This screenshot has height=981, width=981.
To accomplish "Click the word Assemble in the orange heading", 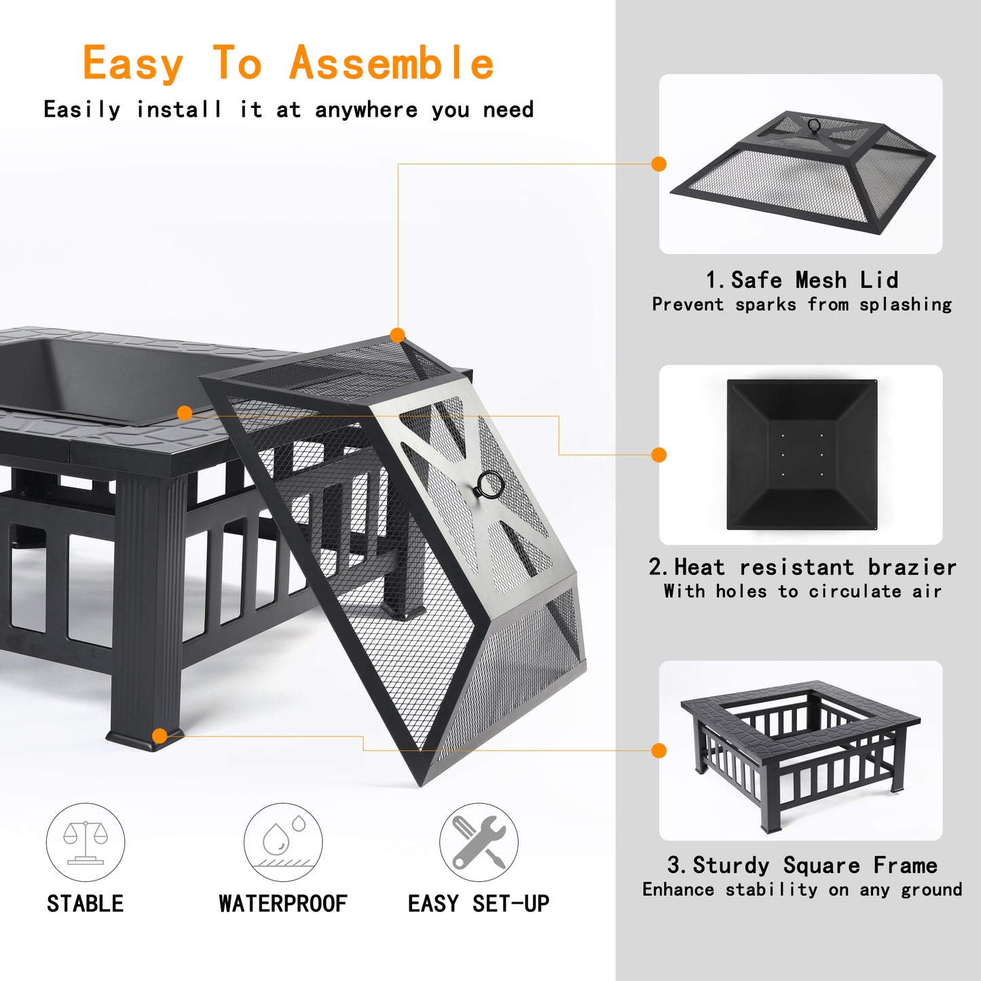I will [392, 63].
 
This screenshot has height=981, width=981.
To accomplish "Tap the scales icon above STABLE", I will [86, 842].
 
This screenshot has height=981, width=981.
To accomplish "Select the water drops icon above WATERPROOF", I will [283, 842].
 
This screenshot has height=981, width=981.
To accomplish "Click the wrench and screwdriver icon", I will [479, 842].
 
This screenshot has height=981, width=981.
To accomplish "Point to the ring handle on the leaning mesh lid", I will [489, 485].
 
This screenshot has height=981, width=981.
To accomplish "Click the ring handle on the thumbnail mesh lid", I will [814, 125].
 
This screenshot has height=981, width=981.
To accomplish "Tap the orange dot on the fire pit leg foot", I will [160, 736].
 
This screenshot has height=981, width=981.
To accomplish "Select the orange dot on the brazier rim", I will [185, 413].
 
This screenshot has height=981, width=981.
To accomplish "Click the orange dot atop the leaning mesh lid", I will [398, 335].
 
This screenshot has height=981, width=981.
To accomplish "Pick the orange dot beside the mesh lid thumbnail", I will [659, 164].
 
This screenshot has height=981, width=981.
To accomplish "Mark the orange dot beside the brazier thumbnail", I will [659, 455].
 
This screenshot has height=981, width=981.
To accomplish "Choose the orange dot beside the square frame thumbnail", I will [659, 750].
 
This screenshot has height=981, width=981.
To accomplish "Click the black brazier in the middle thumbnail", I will [802, 455].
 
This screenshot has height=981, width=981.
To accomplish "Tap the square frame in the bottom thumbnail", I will [801, 750].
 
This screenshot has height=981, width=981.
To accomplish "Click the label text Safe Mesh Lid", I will [814, 280].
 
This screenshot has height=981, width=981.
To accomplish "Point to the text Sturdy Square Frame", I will [815, 865].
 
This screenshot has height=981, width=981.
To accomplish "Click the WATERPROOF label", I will [282, 904].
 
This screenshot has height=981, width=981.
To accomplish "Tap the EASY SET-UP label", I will [479, 904].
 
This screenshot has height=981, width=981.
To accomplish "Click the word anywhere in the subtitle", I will [366, 110].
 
